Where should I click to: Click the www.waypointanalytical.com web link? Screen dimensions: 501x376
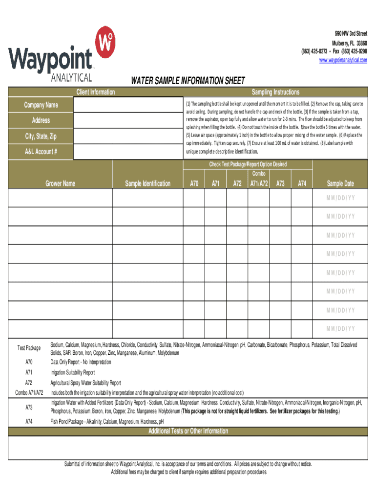click(343, 60)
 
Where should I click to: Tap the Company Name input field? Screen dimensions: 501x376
click(127, 105)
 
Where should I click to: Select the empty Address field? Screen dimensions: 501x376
click(127, 120)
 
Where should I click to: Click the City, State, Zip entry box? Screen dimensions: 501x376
click(127, 137)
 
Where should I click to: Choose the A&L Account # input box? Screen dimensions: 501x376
click(127, 152)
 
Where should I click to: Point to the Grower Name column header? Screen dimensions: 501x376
click(61, 183)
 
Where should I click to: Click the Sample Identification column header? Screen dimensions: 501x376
click(147, 183)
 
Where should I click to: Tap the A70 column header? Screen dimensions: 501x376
click(194, 183)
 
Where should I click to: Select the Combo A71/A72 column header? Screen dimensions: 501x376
click(259, 180)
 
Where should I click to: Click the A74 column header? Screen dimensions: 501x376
click(302, 183)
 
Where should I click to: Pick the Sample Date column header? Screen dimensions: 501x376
click(340, 183)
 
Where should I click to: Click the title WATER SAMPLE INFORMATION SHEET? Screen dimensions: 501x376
click(187, 81)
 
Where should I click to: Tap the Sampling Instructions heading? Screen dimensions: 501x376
click(275, 92)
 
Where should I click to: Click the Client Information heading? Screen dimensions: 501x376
click(96, 92)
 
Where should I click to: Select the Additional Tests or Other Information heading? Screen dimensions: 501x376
click(188, 431)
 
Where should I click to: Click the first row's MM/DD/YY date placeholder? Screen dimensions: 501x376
click(340, 198)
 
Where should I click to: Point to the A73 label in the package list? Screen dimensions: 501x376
click(29, 407)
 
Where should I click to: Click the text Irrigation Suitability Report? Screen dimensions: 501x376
click(73, 372)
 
